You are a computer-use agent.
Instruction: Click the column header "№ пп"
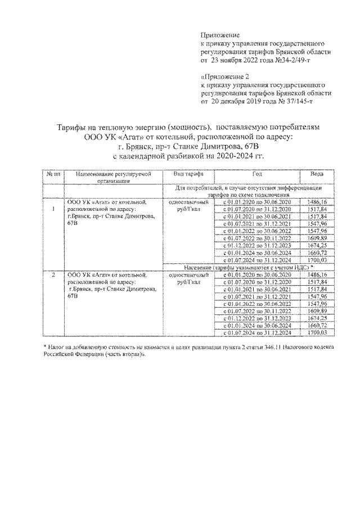coord(53,174)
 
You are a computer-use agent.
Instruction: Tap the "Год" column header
coord(257,174)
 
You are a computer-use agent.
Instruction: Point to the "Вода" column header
coord(309,174)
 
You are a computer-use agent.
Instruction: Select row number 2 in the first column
coord(53,274)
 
